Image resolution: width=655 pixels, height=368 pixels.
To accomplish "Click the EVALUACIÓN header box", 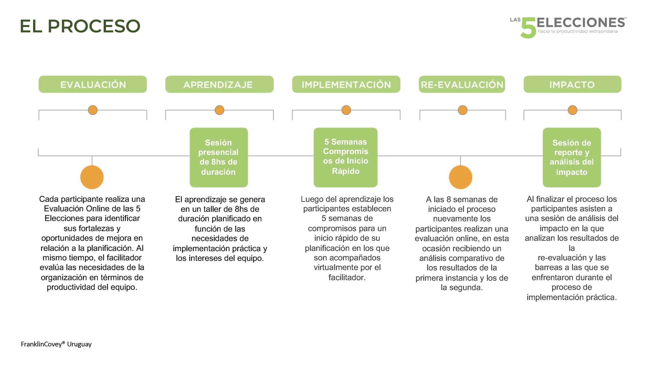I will tap(93, 84).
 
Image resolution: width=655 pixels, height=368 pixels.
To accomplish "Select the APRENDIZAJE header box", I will tap(219, 84).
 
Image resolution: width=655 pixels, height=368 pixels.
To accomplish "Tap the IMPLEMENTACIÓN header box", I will tap(346, 84).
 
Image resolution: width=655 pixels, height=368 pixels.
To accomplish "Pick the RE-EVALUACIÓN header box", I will tap(462, 84).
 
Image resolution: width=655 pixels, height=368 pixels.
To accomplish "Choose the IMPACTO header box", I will tap(572, 84).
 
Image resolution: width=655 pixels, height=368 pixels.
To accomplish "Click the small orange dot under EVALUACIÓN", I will tap(93, 110).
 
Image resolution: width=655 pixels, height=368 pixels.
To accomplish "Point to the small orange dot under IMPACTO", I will tap(572, 110).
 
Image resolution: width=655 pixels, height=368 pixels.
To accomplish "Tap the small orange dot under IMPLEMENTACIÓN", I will tap(346, 110).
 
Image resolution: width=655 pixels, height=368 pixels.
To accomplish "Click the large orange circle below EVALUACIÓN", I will tap(92, 177).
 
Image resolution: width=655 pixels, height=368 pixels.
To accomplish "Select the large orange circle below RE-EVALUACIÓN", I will tap(460, 177).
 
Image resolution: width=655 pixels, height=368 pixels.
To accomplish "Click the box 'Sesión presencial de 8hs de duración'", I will tap(219, 157).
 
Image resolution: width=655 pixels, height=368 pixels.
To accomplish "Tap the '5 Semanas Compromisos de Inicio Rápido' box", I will tap(345, 157).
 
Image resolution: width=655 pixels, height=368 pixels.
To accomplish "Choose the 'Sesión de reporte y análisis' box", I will tap(572, 157).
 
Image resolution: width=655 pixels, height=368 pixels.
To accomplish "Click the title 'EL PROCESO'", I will tap(80, 26).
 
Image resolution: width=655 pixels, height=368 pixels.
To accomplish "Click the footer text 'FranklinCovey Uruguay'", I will tap(56, 344).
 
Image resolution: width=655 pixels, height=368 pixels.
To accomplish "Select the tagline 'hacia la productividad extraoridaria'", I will tap(577, 31).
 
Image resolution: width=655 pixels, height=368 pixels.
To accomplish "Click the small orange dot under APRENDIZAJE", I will tap(219, 110).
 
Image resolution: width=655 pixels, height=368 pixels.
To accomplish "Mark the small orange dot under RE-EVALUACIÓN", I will tap(462, 110).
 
